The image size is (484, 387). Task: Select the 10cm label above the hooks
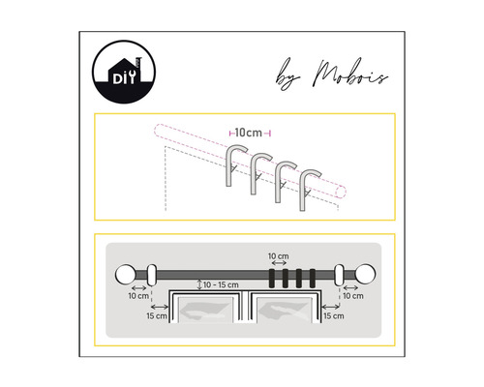coord(248,131)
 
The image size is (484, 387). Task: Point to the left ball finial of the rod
coord(127,275)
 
